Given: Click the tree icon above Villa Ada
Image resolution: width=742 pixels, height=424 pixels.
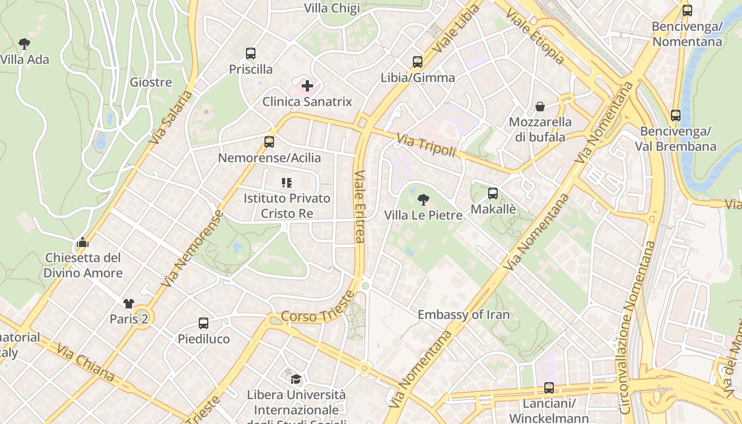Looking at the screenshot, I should [x=24, y=43].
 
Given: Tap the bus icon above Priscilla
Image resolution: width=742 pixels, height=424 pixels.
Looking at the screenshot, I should [x=251, y=54].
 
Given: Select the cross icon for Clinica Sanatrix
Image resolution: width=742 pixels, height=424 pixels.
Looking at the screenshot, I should [x=307, y=85].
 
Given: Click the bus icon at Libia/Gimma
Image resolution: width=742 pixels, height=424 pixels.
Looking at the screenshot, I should [x=418, y=62].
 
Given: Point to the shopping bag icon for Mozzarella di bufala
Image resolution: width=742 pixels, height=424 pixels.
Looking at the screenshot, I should [x=540, y=107].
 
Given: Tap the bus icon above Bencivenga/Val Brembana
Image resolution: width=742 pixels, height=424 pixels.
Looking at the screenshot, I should [x=676, y=115].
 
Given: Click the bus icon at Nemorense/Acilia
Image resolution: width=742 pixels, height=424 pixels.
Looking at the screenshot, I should [x=269, y=142].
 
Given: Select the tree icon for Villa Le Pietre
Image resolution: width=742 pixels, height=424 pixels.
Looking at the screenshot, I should [x=423, y=200].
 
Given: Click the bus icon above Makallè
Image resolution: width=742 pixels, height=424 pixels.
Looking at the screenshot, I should [x=493, y=193].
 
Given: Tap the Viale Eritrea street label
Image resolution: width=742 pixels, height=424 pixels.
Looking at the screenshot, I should [x=360, y=206].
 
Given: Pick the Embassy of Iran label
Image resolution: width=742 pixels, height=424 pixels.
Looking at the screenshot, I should [x=464, y=315].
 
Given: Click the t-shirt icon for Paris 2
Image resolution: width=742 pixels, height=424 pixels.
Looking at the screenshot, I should [x=129, y=304].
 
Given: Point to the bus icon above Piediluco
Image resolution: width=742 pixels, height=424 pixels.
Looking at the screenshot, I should [x=204, y=323].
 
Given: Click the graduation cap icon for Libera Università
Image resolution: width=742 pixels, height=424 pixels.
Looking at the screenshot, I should [x=296, y=379].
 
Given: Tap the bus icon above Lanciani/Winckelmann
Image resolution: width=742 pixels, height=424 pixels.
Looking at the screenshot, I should [x=549, y=388].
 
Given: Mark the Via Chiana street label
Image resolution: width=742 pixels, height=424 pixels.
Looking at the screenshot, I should [x=85, y=363].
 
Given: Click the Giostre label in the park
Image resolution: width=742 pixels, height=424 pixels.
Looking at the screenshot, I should [x=151, y=82].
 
